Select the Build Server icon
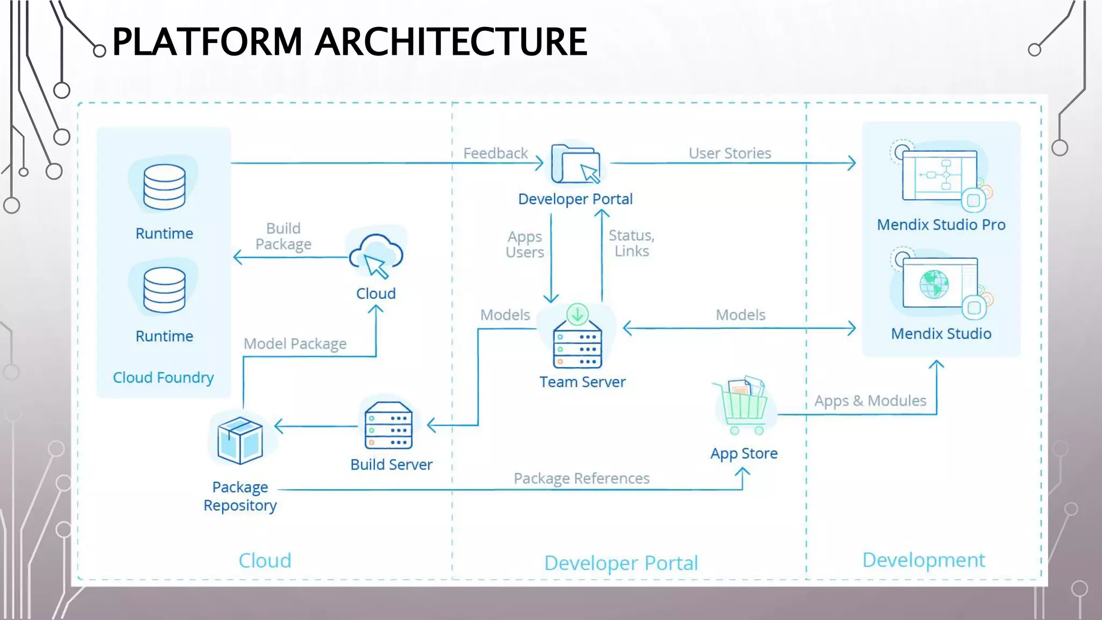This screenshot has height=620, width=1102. point(388,426)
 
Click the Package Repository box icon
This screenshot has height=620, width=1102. point(240,440)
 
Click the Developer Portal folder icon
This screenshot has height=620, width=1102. point(575,164)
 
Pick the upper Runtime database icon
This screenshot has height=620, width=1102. point(165,187)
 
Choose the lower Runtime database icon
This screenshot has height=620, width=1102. point(165,290)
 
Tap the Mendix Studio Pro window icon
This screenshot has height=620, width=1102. point(939,175)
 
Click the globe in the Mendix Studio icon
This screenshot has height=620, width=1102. point(934,284)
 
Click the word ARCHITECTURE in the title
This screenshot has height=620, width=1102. point(451,42)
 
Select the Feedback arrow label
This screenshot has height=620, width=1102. point(496,153)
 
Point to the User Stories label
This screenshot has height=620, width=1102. point(730,153)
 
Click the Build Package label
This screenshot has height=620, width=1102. point(284,236)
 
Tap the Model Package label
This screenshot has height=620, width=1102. point(295,343)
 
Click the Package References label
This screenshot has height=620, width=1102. point(582,478)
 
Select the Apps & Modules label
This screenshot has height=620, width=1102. point(870,401)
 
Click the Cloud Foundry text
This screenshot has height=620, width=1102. point(164,378)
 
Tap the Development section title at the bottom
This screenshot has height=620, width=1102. point(923,560)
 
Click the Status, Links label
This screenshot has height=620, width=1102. point(632,243)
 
